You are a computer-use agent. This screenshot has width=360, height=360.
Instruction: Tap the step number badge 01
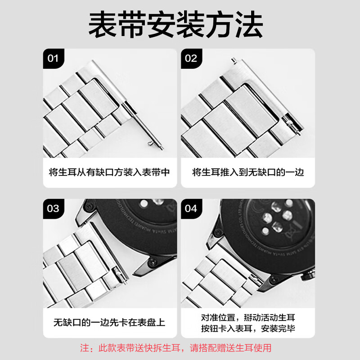click(54, 58)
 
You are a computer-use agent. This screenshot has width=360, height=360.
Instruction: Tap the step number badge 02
click(191, 58)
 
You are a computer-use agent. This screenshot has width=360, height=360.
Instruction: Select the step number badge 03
click(54, 208)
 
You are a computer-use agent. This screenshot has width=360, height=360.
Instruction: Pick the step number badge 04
click(191, 208)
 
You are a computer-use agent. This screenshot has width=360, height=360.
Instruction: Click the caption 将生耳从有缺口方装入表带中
click(109, 172)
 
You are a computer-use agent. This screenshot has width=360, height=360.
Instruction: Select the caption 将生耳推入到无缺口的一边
click(248, 172)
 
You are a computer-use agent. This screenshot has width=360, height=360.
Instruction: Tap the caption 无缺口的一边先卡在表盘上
click(109, 322)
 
